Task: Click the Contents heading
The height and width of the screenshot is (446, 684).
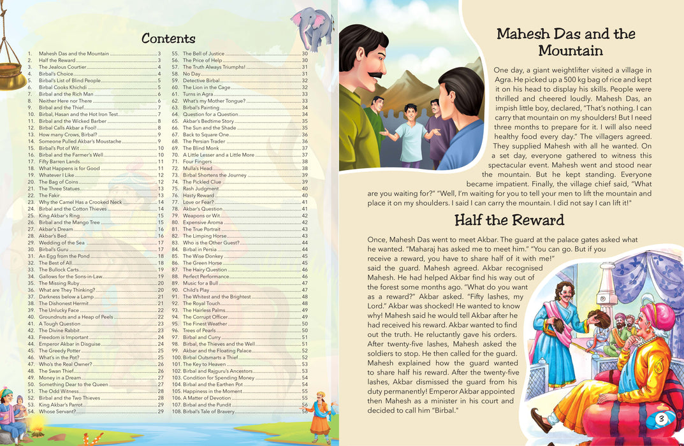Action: [x=168, y=38]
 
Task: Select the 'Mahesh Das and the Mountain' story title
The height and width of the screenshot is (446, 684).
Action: [x=566, y=42]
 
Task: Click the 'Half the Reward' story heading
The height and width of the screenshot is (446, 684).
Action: [x=509, y=220]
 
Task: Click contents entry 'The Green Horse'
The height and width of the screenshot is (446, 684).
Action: [x=203, y=263]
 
